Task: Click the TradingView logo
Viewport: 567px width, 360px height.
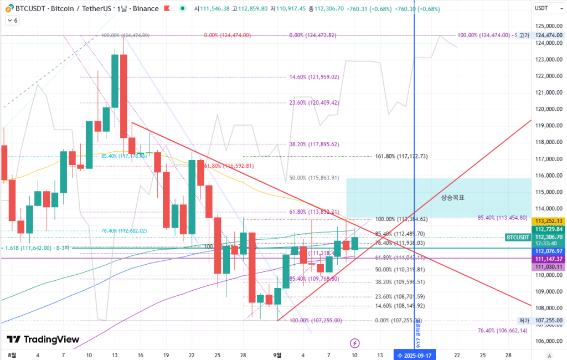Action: click(x=43, y=340)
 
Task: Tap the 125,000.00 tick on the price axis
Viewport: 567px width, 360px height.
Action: click(x=548, y=26)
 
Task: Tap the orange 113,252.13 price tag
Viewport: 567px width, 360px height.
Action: click(x=548, y=221)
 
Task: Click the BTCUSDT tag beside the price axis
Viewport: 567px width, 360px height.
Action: click(x=518, y=237)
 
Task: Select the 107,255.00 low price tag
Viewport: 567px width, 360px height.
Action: click(x=548, y=321)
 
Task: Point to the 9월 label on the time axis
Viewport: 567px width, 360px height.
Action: click(x=277, y=354)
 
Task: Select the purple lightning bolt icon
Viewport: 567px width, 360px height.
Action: click(x=355, y=343)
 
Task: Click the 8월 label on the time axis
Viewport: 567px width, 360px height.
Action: click(x=12, y=354)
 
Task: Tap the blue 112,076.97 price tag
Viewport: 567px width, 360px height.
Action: click(x=548, y=251)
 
